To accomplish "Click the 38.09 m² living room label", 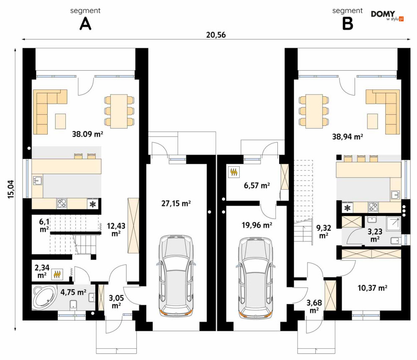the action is [88, 134].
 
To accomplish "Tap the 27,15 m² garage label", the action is [176, 203].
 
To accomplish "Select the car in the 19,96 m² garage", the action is [256, 277].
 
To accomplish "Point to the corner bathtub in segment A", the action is [44, 297].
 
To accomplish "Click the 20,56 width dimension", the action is [216, 35].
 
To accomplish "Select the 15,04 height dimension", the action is [11, 189].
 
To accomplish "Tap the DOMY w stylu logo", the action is [387, 15].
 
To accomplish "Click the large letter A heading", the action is [85, 24].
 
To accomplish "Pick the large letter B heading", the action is [347, 24].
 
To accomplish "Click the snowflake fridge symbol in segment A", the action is [93, 204].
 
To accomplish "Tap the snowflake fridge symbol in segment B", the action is [347, 208].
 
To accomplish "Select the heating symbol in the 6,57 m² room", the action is [234, 172].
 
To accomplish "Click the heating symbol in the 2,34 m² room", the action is [57, 275].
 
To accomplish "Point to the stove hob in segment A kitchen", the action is [62, 203].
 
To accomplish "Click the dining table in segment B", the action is [314, 111].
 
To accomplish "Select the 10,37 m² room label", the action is [372, 288].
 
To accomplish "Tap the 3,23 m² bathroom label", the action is [375, 235].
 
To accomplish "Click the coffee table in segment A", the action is [60, 121].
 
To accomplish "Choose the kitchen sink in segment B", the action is [396, 195].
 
